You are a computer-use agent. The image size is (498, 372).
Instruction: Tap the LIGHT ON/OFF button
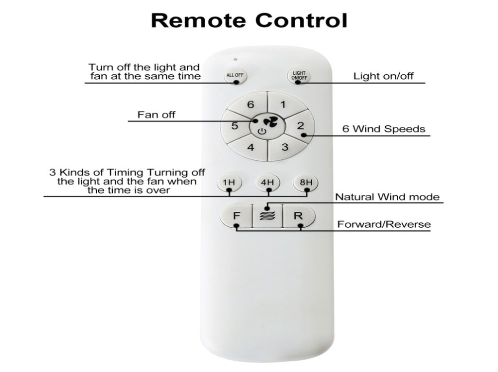coord(299,76)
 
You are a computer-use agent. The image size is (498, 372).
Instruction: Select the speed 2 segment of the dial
coord(300,127)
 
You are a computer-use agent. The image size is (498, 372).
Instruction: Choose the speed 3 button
coord(285,147)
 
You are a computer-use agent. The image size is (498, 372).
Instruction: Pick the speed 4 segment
coord(251,147)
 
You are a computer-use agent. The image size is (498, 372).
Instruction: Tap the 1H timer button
coord(229,183)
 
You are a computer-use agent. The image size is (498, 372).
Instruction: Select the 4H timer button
coord(267,183)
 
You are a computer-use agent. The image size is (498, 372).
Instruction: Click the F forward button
coord(236,216)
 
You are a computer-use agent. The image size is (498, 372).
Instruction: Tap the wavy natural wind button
coord(267,216)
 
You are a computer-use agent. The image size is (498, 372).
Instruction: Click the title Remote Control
coord(249,20)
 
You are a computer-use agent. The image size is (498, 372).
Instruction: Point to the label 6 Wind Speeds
coord(383,129)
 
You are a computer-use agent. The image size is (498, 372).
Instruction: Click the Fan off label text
coord(156,115)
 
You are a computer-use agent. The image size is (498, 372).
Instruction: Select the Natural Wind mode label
coord(387,197)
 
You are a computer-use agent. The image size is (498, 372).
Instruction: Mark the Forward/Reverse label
coord(384,224)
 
